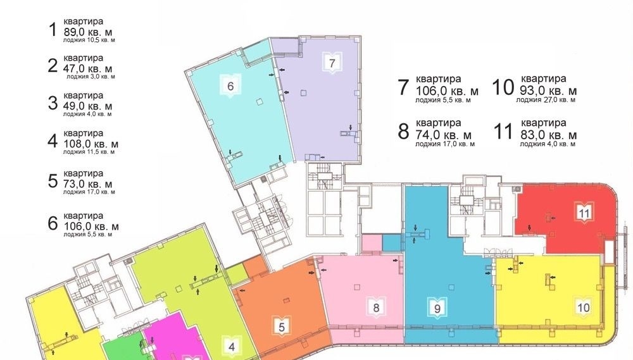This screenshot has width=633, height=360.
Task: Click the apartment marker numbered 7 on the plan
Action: click(x=332, y=63)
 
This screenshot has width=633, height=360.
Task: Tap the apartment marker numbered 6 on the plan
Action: click(x=230, y=85)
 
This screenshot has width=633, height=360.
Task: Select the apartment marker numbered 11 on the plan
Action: click(x=584, y=213)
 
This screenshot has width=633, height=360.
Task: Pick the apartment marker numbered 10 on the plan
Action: click(x=584, y=307)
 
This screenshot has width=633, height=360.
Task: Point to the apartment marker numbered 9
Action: click(x=437, y=309)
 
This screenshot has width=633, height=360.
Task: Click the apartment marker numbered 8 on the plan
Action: click(x=376, y=307)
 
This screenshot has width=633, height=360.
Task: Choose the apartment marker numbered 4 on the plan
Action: click(x=231, y=346)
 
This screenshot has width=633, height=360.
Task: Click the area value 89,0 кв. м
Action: click(x=88, y=32)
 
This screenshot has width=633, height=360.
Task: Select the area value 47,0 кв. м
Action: click(x=88, y=68)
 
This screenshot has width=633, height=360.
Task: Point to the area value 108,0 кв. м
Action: click(x=91, y=144)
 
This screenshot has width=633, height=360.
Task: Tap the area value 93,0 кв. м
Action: click(x=549, y=90)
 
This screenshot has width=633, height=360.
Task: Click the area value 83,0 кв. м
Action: click(x=549, y=134)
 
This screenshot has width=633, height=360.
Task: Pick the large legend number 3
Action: click(x=53, y=103)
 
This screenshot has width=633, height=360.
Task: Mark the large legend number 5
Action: click(x=53, y=181)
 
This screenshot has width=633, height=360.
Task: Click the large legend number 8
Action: click(x=403, y=132)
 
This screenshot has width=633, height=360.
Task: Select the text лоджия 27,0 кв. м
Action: click(x=546, y=100)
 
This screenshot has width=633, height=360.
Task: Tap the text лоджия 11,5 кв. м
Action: click(x=89, y=152)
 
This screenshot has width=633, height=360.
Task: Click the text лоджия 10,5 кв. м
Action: click(x=89, y=40)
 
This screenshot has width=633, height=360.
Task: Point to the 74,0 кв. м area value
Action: click(x=444, y=135)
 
